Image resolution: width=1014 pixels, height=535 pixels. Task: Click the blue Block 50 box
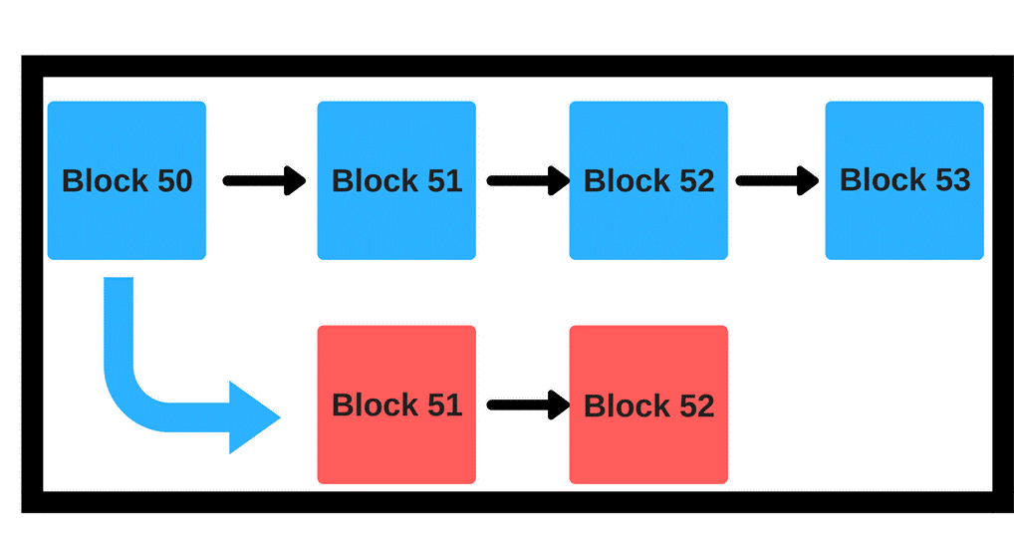tap(127, 180)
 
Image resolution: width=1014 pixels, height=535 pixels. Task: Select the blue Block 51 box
tap(396, 180)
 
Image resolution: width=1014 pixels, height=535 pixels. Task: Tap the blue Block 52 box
tap(648, 180)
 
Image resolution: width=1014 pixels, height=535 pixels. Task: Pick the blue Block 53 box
tap(904, 180)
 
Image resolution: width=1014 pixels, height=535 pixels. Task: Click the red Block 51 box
tap(396, 404)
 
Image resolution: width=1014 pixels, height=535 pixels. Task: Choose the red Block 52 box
tap(648, 404)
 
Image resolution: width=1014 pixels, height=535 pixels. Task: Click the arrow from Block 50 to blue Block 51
tap(265, 180)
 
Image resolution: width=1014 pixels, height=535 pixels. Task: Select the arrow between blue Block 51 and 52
tap(528, 180)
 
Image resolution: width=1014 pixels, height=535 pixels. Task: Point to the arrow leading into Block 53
tap(777, 180)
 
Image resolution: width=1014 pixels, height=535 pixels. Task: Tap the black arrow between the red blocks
tap(528, 404)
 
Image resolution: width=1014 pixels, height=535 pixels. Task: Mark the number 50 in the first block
tap(174, 181)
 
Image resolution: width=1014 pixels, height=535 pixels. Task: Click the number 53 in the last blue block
tap(952, 180)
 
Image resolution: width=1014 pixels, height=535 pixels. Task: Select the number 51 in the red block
tap(444, 404)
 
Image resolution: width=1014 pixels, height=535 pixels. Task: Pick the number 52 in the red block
tap(696, 405)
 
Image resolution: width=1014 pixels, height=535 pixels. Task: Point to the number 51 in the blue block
tap(444, 181)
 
